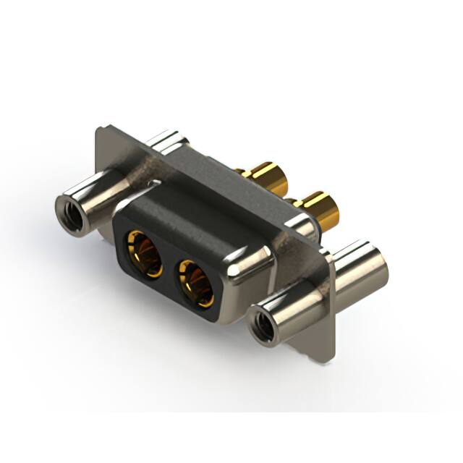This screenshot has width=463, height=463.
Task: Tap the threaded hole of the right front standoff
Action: point(263,327)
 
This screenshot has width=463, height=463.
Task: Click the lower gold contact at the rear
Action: point(318,209)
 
